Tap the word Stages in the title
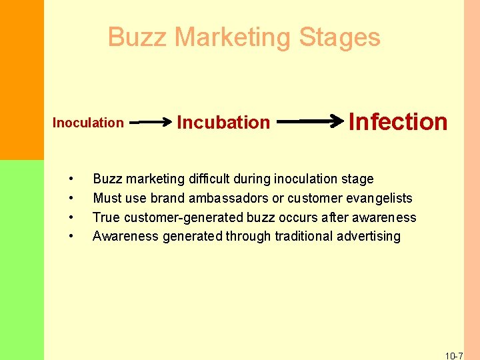pyautogui.click(x=340, y=37)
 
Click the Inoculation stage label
pyautogui.click(x=88, y=123)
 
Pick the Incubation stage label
pyautogui.click(x=223, y=123)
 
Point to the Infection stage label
pyautogui.click(x=398, y=122)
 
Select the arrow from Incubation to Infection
pyautogui.click(x=310, y=122)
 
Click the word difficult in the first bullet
pyautogui.click(x=211, y=179)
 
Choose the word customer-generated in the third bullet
pyautogui.click(x=184, y=217)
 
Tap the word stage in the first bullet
pyautogui.click(x=357, y=179)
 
